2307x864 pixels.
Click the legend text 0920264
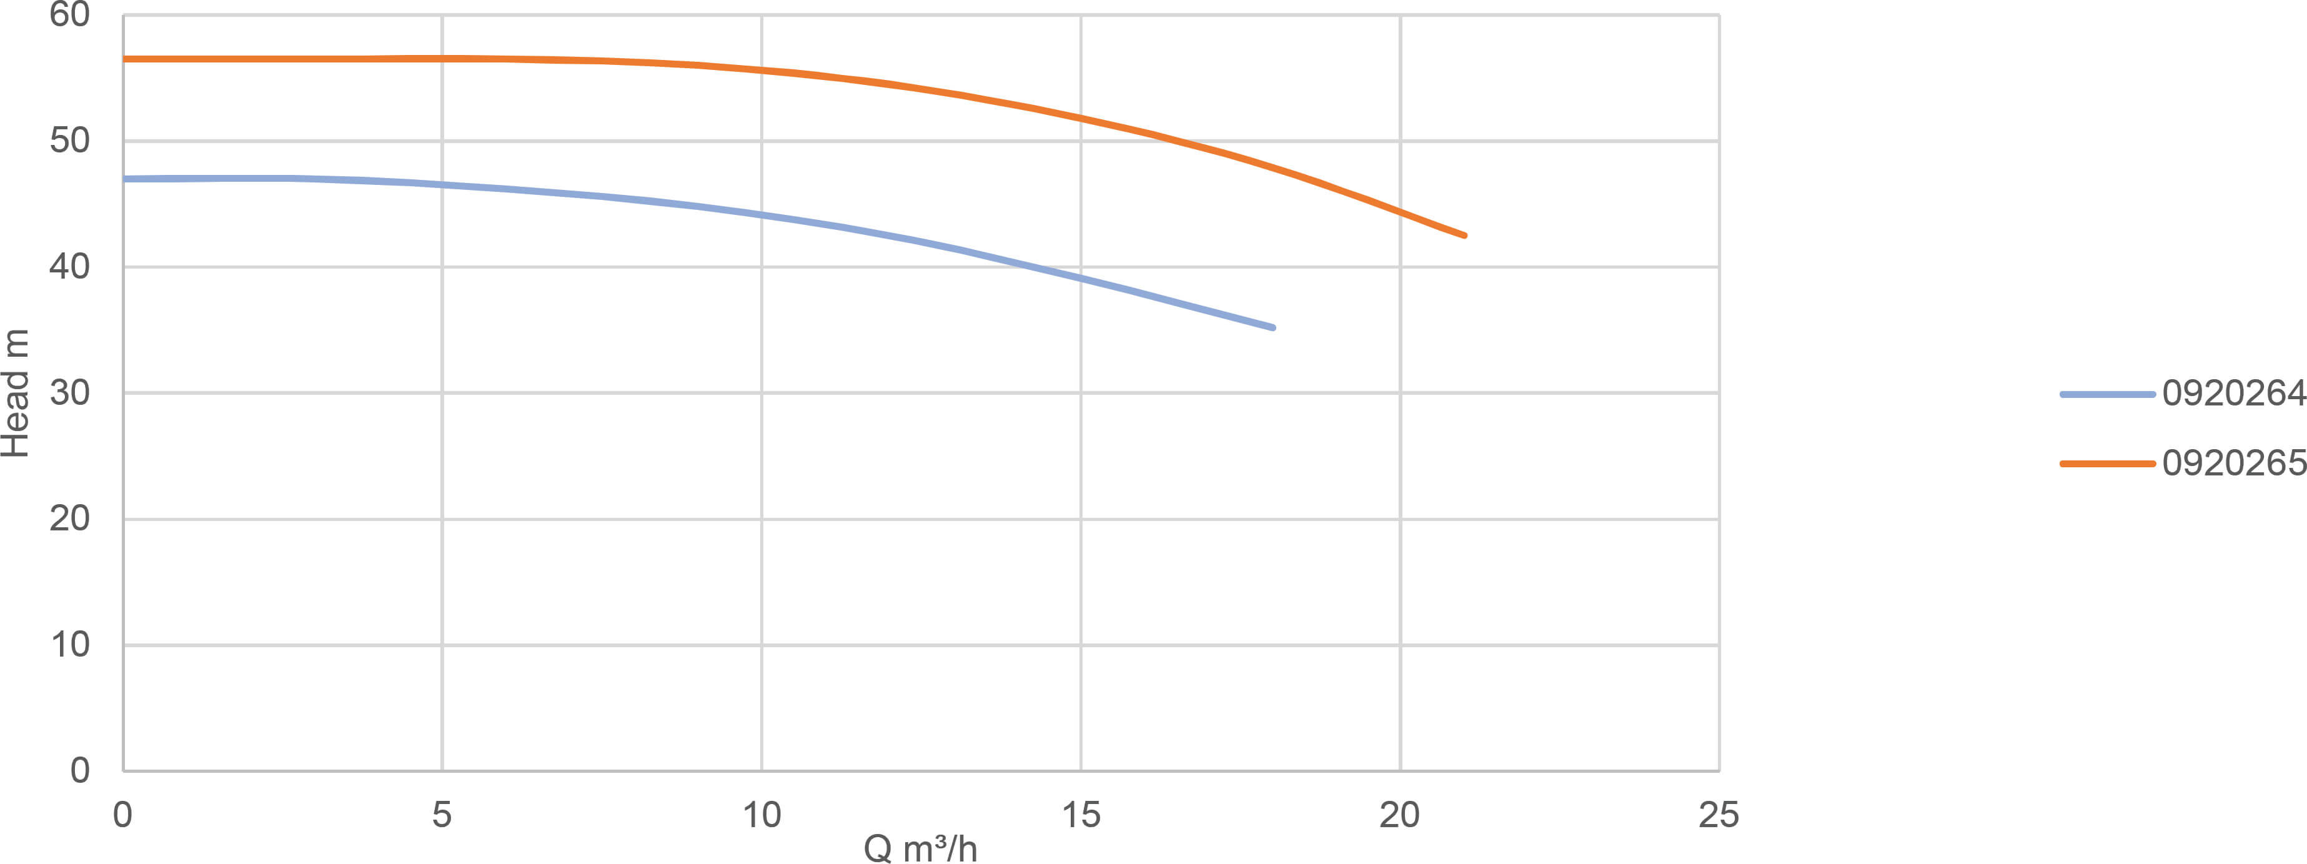coord(2233,394)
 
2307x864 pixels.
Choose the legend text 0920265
coord(2233,463)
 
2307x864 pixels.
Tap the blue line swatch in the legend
coord(2106,394)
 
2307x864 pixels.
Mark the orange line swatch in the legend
coord(2106,464)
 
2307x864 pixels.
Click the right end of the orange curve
coord(1464,236)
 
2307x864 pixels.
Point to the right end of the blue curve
coord(1273,328)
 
